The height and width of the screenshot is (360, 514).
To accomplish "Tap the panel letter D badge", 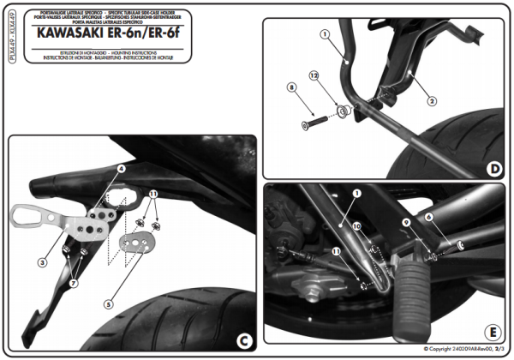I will pyautogui.click(x=493, y=168).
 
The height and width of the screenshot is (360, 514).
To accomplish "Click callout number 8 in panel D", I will pyautogui.click(x=292, y=87).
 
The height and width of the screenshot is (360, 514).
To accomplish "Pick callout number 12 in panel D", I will pyautogui.click(x=314, y=76).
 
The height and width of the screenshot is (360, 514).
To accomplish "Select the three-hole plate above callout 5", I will pyautogui.click(x=134, y=243).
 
